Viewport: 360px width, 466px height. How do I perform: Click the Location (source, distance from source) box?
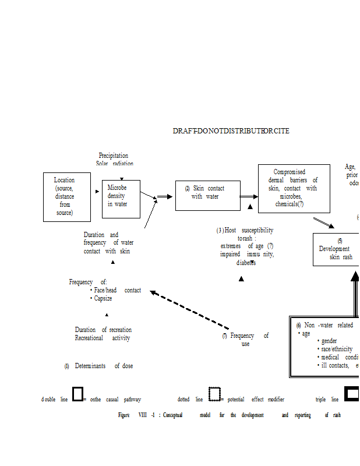pyautogui.click(x=67, y=197)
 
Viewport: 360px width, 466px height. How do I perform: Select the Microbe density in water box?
pyautogui.click(x=121, y=199)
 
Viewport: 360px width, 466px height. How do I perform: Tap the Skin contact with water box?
pyautogui.click(x=207, y=195)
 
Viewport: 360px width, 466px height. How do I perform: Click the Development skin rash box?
pyautogui.click(x=336, y=249)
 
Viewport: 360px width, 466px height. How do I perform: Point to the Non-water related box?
pyautogui.click(x=324, y=346)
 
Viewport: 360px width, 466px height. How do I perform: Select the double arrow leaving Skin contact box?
pyautogui.click(x=249, y=197)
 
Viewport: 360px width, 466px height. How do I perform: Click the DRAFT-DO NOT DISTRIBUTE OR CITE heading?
pyautogui.click(x=231, y=131)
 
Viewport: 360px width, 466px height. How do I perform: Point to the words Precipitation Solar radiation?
pyautogui.click(x=114, y=160)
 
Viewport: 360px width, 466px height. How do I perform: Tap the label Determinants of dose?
pyautogui.click(x=98, y=366)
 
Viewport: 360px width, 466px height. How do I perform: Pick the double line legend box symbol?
pyautogui.click(x=77, y=394)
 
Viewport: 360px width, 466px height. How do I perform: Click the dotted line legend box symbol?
pyautogui.click(x=214, y=394)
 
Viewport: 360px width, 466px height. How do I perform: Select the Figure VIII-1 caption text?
pyautogui.click(x=229, y=415)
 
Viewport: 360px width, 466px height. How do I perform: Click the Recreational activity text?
pyautogui.click(x=103, y=338)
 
